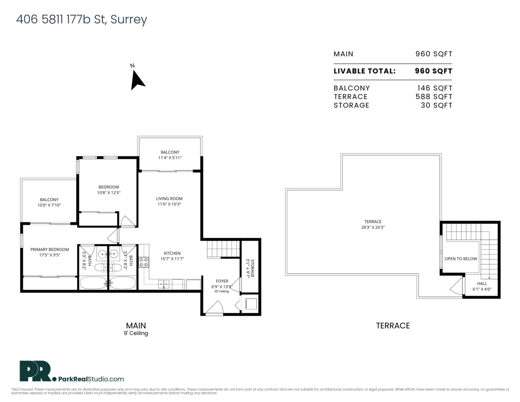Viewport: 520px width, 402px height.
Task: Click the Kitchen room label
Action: [172, 253]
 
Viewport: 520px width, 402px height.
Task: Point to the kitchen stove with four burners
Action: [143, 262]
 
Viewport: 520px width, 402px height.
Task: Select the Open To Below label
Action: [461, 259]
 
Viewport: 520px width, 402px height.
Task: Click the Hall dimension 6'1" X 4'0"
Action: [481, 289]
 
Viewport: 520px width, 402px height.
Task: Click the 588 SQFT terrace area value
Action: [433, 97]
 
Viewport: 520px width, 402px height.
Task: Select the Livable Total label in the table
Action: [364, 71]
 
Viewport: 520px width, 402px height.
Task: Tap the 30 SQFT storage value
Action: [436, 105]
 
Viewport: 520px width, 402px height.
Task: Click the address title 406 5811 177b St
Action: [81, 20]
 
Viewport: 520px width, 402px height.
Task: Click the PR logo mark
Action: [35, 371]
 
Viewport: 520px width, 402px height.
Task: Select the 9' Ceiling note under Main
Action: [136, 333]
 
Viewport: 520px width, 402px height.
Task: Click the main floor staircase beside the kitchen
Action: [223, 249]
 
